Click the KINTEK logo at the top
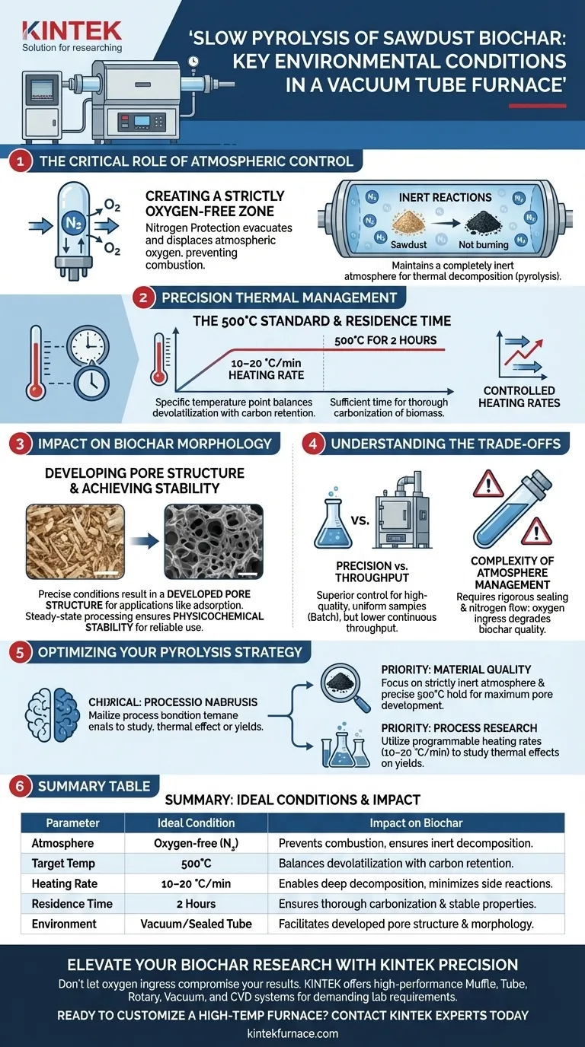[72, 31]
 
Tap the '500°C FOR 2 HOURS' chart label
[385, 340]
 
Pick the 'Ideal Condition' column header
[196, 823]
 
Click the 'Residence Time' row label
[72, 904]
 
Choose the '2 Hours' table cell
[196, 904]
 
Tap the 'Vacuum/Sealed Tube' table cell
[196, 924]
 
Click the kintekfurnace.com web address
[292, 1033]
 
